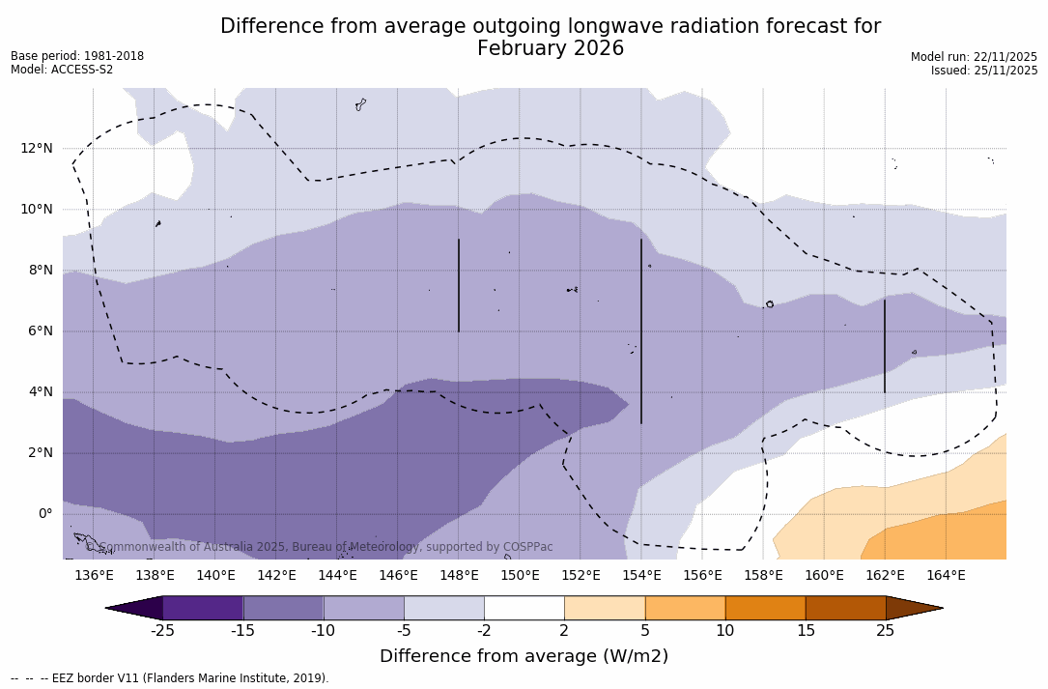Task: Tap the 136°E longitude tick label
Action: pyautogui.click(x=94, y=576)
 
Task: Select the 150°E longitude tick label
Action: pyautogui.click(x=520, y=576)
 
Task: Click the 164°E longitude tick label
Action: pyautogui.click(x=946, y=576)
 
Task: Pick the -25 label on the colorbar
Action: pyautogui.click(x=162, y=631)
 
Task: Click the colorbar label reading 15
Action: pyautogui.click(x=805, y=631)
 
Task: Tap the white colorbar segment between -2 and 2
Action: pyautogui.click(x=524, y=608)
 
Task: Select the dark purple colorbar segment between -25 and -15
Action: pyautogui.click(x=203, y=608)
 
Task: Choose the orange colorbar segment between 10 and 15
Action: pyautogui.click(x=765, y=608)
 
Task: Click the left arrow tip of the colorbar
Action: pyautogui.click(x=109, y=608)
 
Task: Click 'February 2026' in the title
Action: pyautogui.click(x=551, y=49)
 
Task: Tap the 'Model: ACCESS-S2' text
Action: pyautogui.click(x=62, y=70)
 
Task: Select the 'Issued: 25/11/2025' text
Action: pyautogui.click(x=983, y=71)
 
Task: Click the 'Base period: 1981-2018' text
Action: pyautogui.click(x=77, y=56)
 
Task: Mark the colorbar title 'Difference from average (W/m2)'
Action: pyautogui.click(x=524, y=657)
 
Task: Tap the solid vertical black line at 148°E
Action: pyautogui.click(x=459, y=285)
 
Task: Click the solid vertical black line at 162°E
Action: pyautogui.click(x=885, y=346)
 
